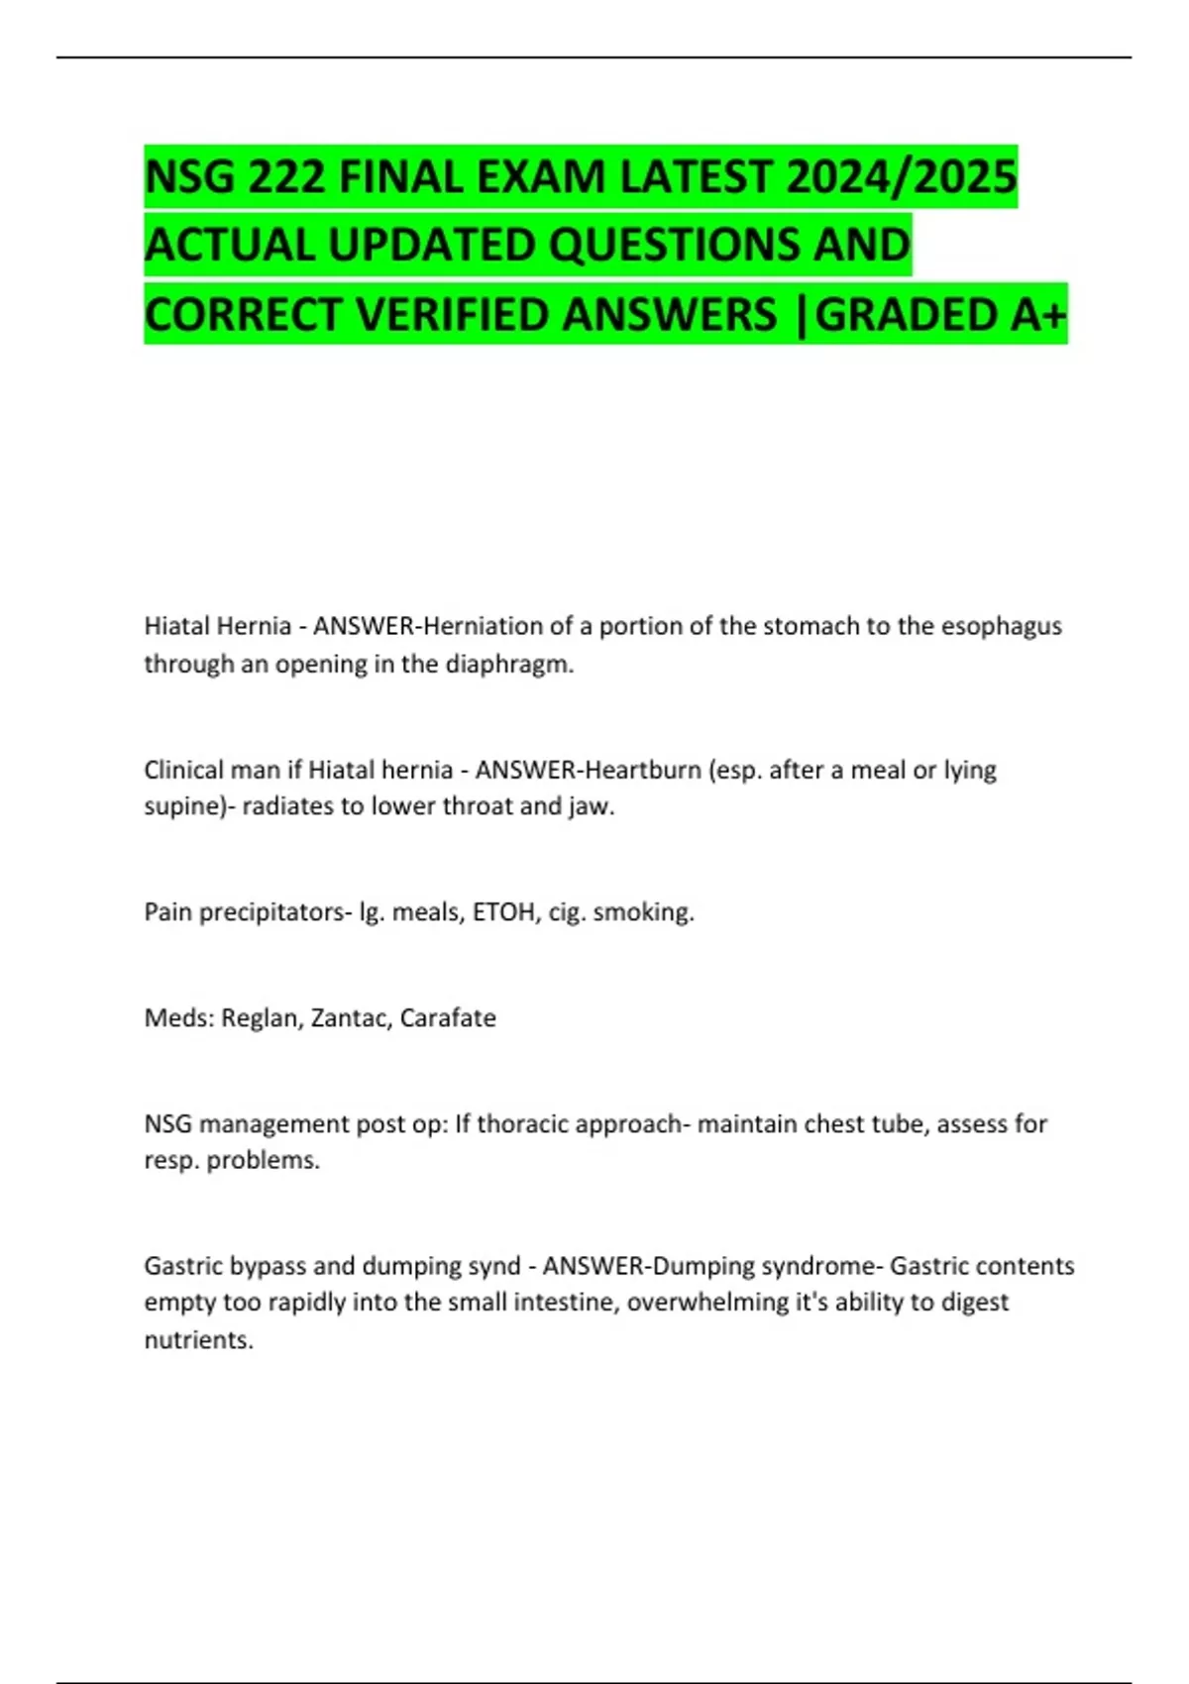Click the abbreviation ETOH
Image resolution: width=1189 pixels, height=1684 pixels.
click(x=503, y=911)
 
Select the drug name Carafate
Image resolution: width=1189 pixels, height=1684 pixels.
click(x=448, y=1017)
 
